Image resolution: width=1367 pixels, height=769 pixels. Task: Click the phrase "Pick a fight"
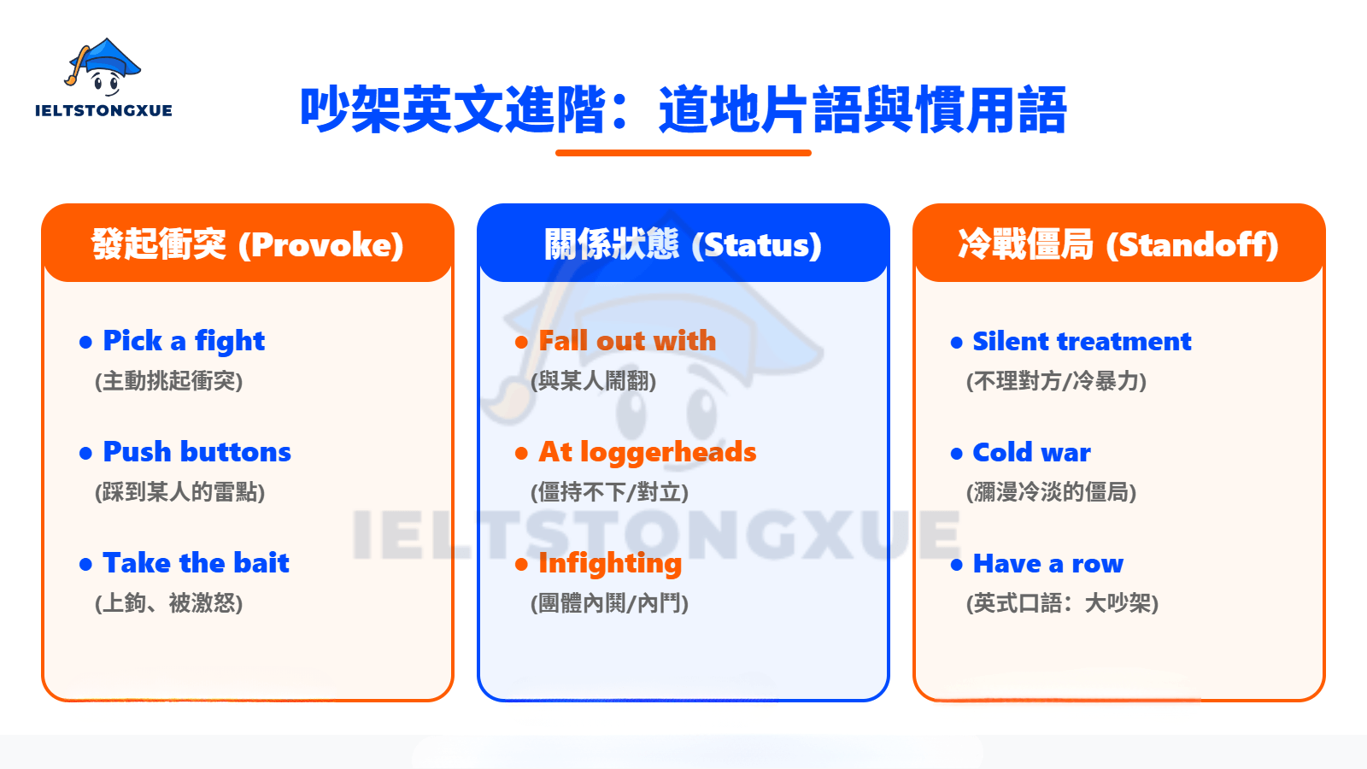coord(184,341)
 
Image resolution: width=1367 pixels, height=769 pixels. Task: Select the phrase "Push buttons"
coord(197,452)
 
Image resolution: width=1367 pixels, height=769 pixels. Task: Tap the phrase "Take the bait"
coord(196,563)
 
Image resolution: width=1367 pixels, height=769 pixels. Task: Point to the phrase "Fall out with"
coord(627,341)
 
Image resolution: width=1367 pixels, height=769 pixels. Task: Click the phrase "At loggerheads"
coord(647,452)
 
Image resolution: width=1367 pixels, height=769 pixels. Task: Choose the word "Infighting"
coord(610,563)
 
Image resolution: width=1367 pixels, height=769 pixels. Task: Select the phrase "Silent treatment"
coord(1082,342)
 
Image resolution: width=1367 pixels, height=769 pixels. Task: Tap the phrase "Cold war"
coord(1031,452)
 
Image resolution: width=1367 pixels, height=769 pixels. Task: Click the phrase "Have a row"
coord(1048,564)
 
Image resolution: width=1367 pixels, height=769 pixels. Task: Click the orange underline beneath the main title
coord(683,153)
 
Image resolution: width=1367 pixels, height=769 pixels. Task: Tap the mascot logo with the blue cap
coord(103,66)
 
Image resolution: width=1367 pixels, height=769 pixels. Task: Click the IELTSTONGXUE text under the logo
coord(103,110)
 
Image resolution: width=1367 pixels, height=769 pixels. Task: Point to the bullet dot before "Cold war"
coord(957,454)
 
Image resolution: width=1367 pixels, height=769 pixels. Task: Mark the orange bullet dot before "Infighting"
coord(521,565)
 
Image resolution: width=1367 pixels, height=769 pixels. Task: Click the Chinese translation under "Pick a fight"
coord(169,381)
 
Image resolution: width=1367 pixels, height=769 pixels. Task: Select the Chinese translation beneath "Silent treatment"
coord(1056,381)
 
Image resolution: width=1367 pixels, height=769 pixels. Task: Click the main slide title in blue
coord(683,110)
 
